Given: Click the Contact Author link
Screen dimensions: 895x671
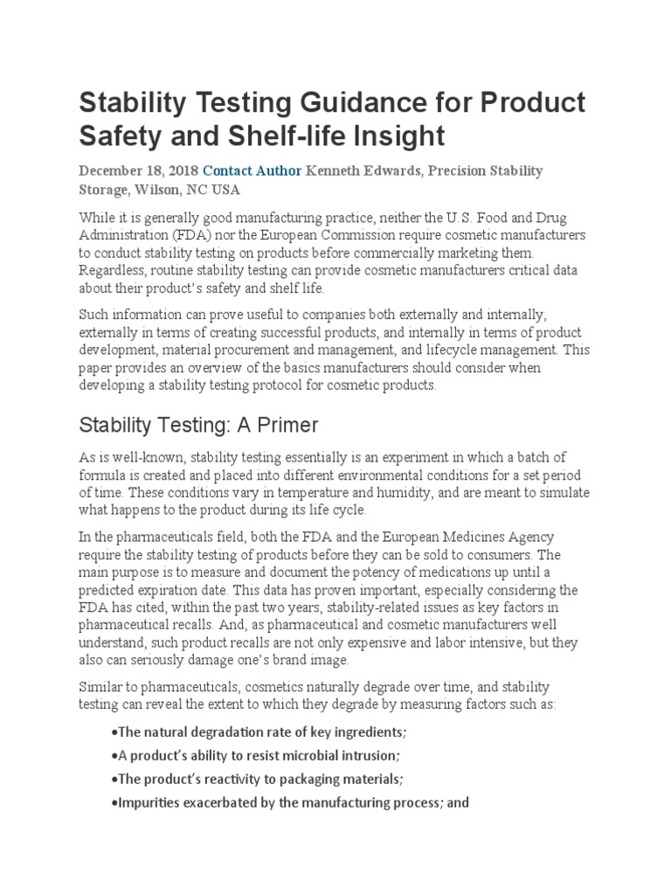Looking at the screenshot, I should pos(252,170).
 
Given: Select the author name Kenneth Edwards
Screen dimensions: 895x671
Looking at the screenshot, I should pos(358,170).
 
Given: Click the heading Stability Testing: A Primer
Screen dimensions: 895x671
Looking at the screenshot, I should pos(198,426).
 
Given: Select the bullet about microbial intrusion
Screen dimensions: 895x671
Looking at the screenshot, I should pos(258,754).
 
